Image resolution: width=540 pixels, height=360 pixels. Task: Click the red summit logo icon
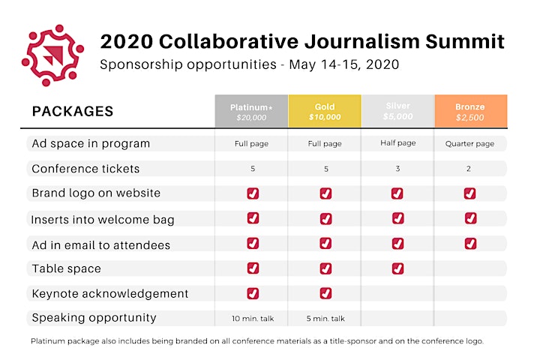pyautogui.click(x=52, y=55)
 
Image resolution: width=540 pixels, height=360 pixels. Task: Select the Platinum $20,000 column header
pyautogui.click(x=251, y=111)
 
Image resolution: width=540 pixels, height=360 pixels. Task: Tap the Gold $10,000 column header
pyautogui.click(x=325, y=111)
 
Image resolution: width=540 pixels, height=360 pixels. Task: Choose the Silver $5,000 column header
pyautogui.click(x=397, y=111)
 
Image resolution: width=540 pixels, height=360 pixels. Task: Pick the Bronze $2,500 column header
pyautogui.click(x=471, y=111)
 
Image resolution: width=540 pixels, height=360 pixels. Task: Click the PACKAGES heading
pyautogui.click(x=73, y=112)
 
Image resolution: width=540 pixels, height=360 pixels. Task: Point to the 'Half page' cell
pyautogui.click(x=397, y=143)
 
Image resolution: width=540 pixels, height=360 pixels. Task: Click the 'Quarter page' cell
pyautogui.click(x=469, y=144)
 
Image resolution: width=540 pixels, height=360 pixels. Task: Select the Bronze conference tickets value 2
pyautogui.click(x=468, y=169)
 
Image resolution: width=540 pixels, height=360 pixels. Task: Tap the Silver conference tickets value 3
pyautogui.click(x=397, y=169)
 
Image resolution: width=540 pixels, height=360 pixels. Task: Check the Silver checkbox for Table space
pyautogui.click(x=397, y=268)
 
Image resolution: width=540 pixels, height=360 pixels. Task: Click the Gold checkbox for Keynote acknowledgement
pyautogui.click(x=325, y=293)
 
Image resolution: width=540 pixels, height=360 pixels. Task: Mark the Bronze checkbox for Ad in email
pyautogui.click(x=470, y=244)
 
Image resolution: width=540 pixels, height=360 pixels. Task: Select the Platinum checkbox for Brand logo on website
pyautogui.click(x=253, y=193)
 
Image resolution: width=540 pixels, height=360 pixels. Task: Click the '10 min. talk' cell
pyautogui.click(x=253, y=319)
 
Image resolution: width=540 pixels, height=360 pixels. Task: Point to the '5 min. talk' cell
pyautogui.click(x=325, y=319)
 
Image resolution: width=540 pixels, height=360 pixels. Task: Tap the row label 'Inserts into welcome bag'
pyautogui.click(x=103, y=220)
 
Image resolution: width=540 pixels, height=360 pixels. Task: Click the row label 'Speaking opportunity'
pyautogui.click(x=94, y=318)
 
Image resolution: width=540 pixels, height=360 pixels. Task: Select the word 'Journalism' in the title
pyautogui.click(x=362, y=41)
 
